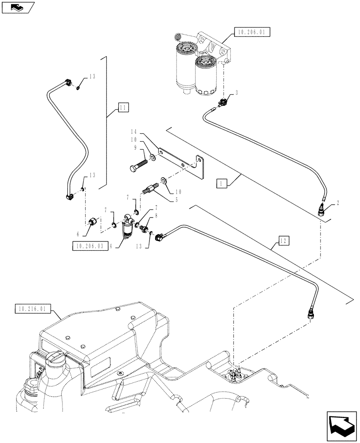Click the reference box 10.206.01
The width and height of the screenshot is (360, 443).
tap(251, 32)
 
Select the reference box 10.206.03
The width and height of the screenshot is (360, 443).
tap(89, 246)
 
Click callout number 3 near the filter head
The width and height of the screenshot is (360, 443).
tap(237, 93)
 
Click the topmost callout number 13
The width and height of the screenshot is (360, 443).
tap(92, 76)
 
